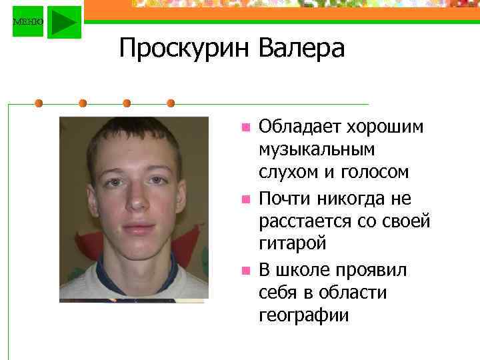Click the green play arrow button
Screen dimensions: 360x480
(x=64, y=22)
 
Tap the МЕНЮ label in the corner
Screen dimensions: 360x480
(x=28, y=22)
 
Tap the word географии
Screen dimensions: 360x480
(x=303, y=315)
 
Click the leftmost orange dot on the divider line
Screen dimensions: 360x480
(x=39, y=103)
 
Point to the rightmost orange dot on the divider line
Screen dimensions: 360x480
(x=171, y=103)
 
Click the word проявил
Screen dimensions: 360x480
(x=375, y=269)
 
